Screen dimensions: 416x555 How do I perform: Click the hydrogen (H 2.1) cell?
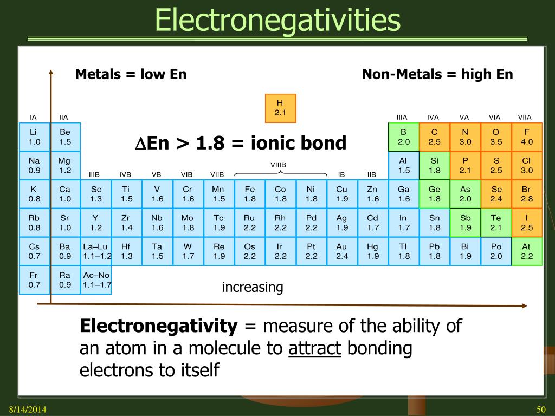click(280, 108)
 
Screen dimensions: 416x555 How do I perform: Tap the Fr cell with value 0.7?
click(34, 279)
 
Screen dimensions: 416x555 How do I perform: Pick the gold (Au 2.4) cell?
click(341, 251)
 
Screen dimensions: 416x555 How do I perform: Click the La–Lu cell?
click(96, 251)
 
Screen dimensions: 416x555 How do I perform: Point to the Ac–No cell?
click(96, 279)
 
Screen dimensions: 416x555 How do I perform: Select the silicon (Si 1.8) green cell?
click(434, 166)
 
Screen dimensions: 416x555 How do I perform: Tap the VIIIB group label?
click(278, 165)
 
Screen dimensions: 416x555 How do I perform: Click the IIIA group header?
click(402, 117)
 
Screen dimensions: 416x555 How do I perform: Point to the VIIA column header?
click(525, 117)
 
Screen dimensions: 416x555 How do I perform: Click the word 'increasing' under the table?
click(253, 287)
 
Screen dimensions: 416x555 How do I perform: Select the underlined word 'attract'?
click(314, 348)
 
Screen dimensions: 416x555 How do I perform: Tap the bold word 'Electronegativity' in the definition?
click(159, 326)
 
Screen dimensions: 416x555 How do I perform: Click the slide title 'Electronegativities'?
click(277, 20)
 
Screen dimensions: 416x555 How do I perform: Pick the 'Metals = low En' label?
click(131, 74)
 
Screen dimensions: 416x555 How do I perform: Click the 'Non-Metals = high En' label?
click(437, 74)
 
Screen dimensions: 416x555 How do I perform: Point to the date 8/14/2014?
click(27, 408)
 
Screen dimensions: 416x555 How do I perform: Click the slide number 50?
click(540, 408)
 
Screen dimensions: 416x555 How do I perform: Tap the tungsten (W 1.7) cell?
click(188, 251)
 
